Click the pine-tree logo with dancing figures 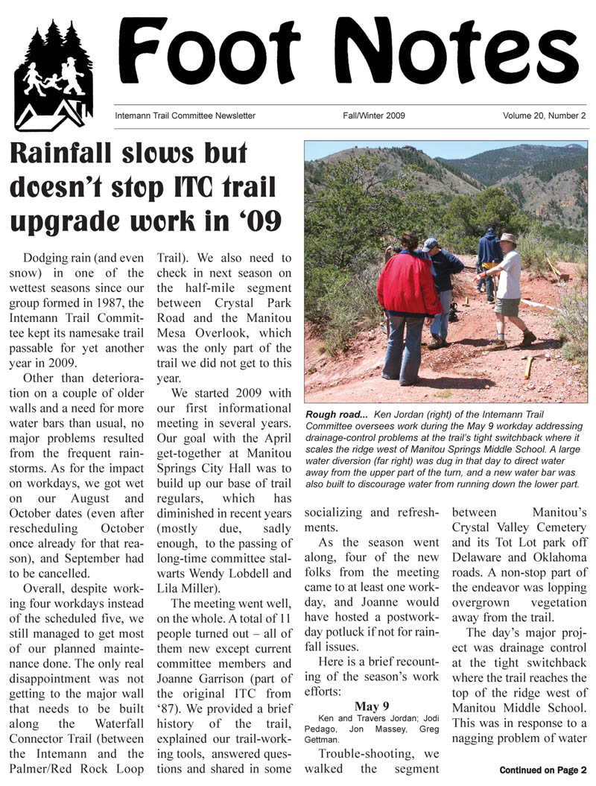point(53,75)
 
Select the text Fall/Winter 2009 point(374,115)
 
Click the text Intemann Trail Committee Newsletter point(185,115)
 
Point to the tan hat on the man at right point(509,239)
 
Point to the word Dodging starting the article point(49,258)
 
